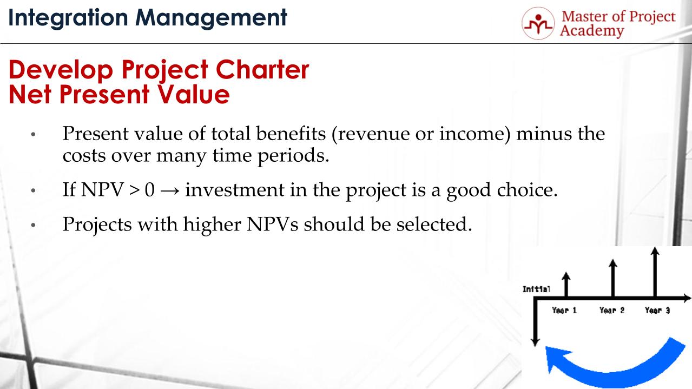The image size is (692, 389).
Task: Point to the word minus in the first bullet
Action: [x=542, y=133]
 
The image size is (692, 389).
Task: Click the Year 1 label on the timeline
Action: [x=564, y=311]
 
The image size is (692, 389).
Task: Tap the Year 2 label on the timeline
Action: [x=612, y=311]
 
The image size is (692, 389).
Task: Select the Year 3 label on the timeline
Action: [x=657, y=311]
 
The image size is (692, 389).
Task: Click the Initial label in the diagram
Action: [x=536, y=289]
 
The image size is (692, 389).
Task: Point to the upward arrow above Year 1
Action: [x=566, y=283]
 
